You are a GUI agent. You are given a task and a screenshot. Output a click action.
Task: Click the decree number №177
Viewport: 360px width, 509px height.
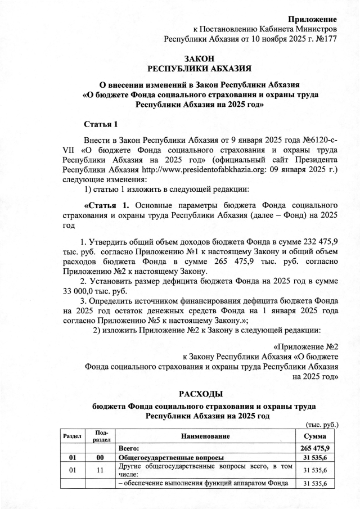[x=325, y=39]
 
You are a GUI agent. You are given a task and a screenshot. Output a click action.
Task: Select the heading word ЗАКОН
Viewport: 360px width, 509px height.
[x=199, y=58]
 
